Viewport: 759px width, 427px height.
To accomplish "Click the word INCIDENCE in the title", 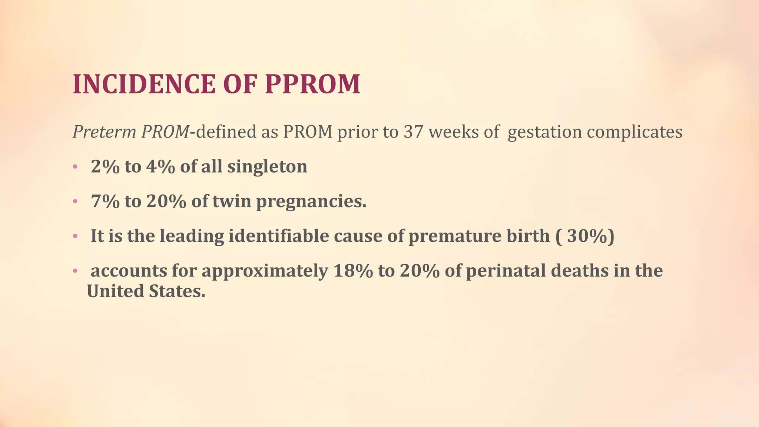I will pyautogui.click(x=144, y=84).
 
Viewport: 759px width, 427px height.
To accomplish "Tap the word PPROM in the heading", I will pyautogui.click(x=312, y=84).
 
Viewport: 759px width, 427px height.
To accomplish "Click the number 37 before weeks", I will pyautogui.click(x=413, y=132).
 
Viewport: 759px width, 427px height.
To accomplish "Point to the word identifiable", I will pyautogui.click(x=278, y=236).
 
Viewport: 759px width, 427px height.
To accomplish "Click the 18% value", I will pyautogui.click(x=353, y=271).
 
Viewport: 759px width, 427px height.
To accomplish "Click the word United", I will pyautogui.click(x=115, y=291).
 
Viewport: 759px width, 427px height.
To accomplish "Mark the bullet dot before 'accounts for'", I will pyautogui.click(x=75, y=271).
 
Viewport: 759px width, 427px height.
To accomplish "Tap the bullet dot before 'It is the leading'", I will pyautogui.click(x=75, y=236).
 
